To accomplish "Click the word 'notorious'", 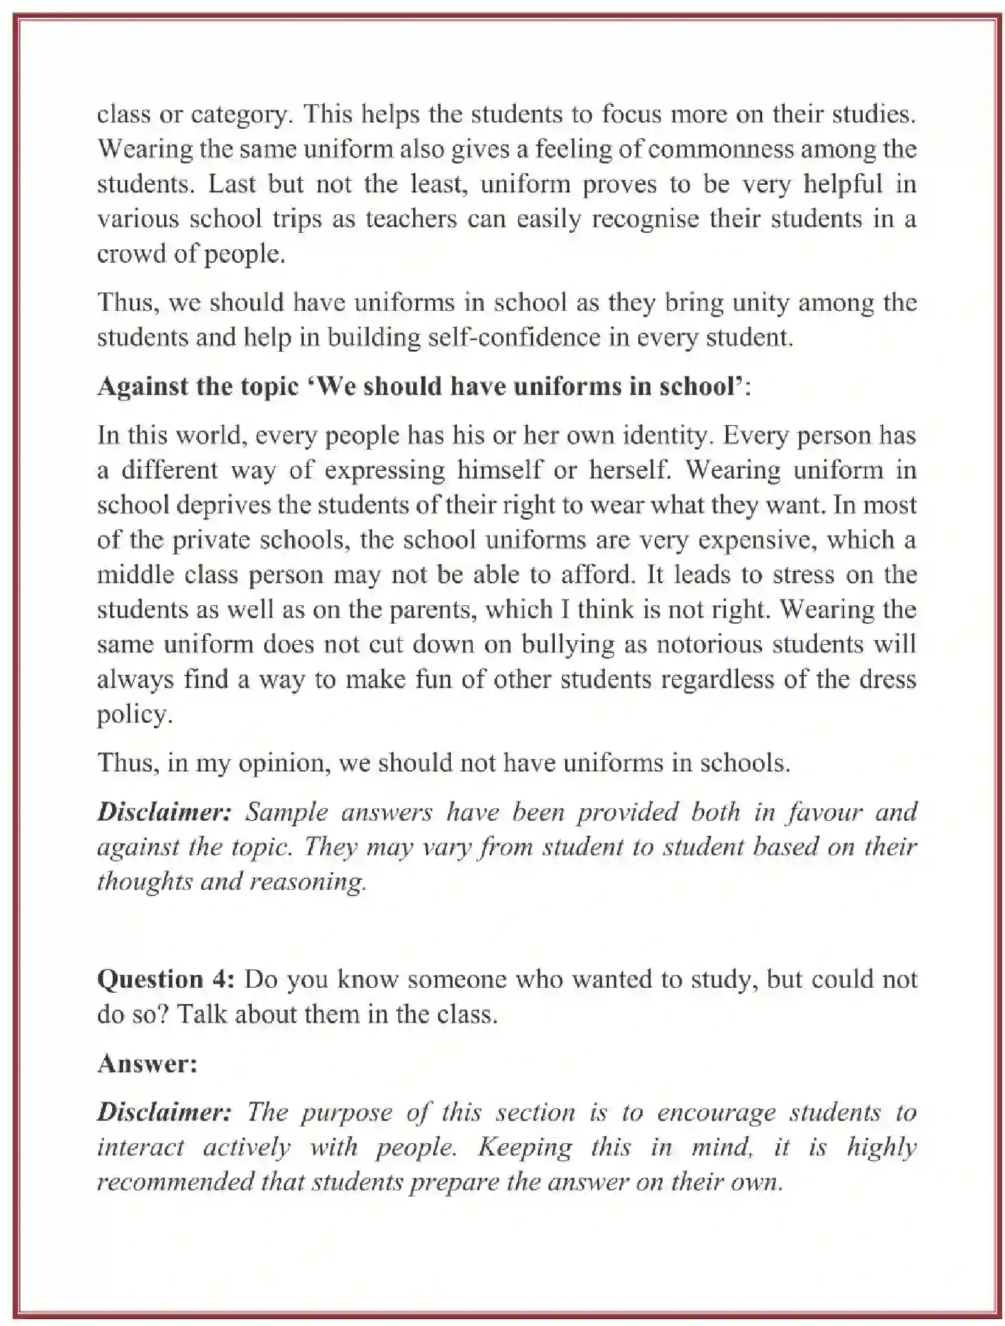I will (690, 644).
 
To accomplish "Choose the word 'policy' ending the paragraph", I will (133, 715).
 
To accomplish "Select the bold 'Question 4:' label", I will (166, 980).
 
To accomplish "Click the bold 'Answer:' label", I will (147, 1064).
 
